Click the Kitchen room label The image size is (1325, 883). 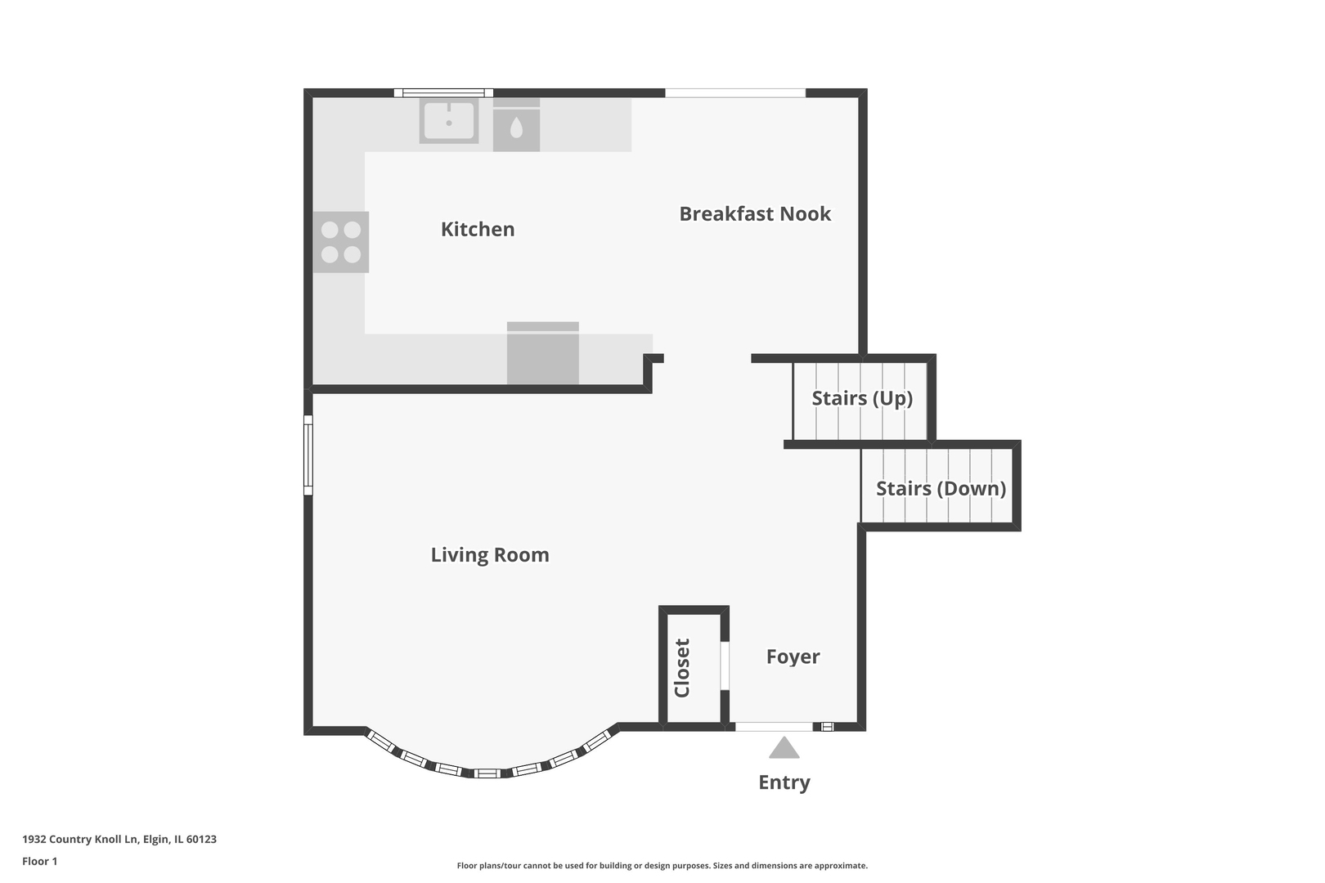click(478, 229)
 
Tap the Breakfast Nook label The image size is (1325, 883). click(755, 213)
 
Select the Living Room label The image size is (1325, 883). click(490, 555)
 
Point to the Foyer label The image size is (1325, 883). click(793, 657)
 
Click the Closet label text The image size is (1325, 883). click(682, 668)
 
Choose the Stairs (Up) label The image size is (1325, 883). click(862, 398)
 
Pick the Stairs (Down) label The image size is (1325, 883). click(941, 489)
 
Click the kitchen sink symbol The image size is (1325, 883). click(449, 121)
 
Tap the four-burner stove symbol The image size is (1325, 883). click(341, 242)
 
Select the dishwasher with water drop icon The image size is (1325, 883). click(516, 125)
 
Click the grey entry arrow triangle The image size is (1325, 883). click(784, 747)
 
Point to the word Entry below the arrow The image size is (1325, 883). click(784, 782)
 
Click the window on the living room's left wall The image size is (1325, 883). click(308, 455)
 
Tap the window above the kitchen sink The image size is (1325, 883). click(443, 93)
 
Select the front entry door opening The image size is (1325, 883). click(774, 727)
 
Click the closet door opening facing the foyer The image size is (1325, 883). click(725, 666)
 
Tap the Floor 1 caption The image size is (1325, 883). click(39, 861)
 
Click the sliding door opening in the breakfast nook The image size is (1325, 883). click(735, 93)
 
